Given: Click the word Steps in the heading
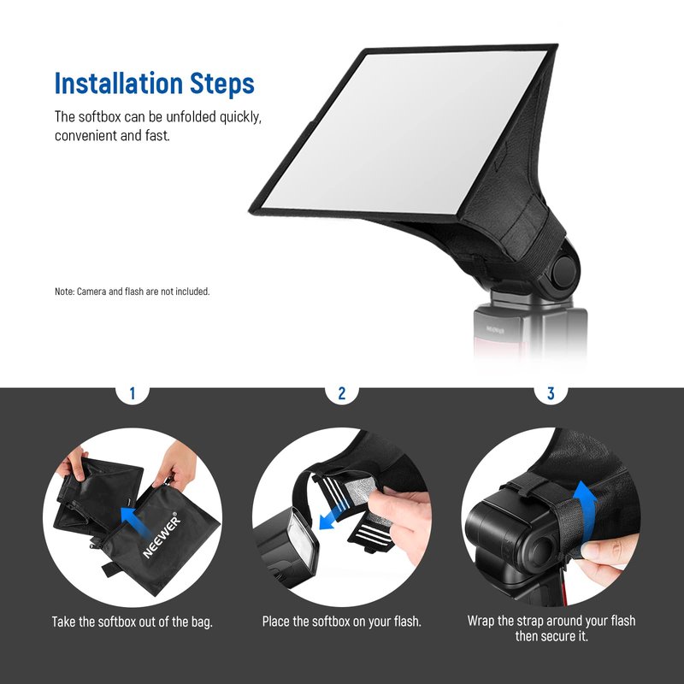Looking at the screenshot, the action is tap(222, 84).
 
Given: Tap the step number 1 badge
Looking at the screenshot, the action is tap(133, 393).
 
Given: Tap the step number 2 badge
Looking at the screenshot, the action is tap(341, 393).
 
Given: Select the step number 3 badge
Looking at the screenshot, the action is tap(551, 393).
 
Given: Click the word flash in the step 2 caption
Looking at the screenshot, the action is tap(407, 622).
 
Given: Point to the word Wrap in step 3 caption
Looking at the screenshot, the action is tap(481, 621).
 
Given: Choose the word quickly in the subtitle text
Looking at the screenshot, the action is tap(240, 117).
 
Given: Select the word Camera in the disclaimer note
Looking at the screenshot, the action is tap(91, 292).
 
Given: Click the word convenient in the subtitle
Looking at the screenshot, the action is tap(86, 136).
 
